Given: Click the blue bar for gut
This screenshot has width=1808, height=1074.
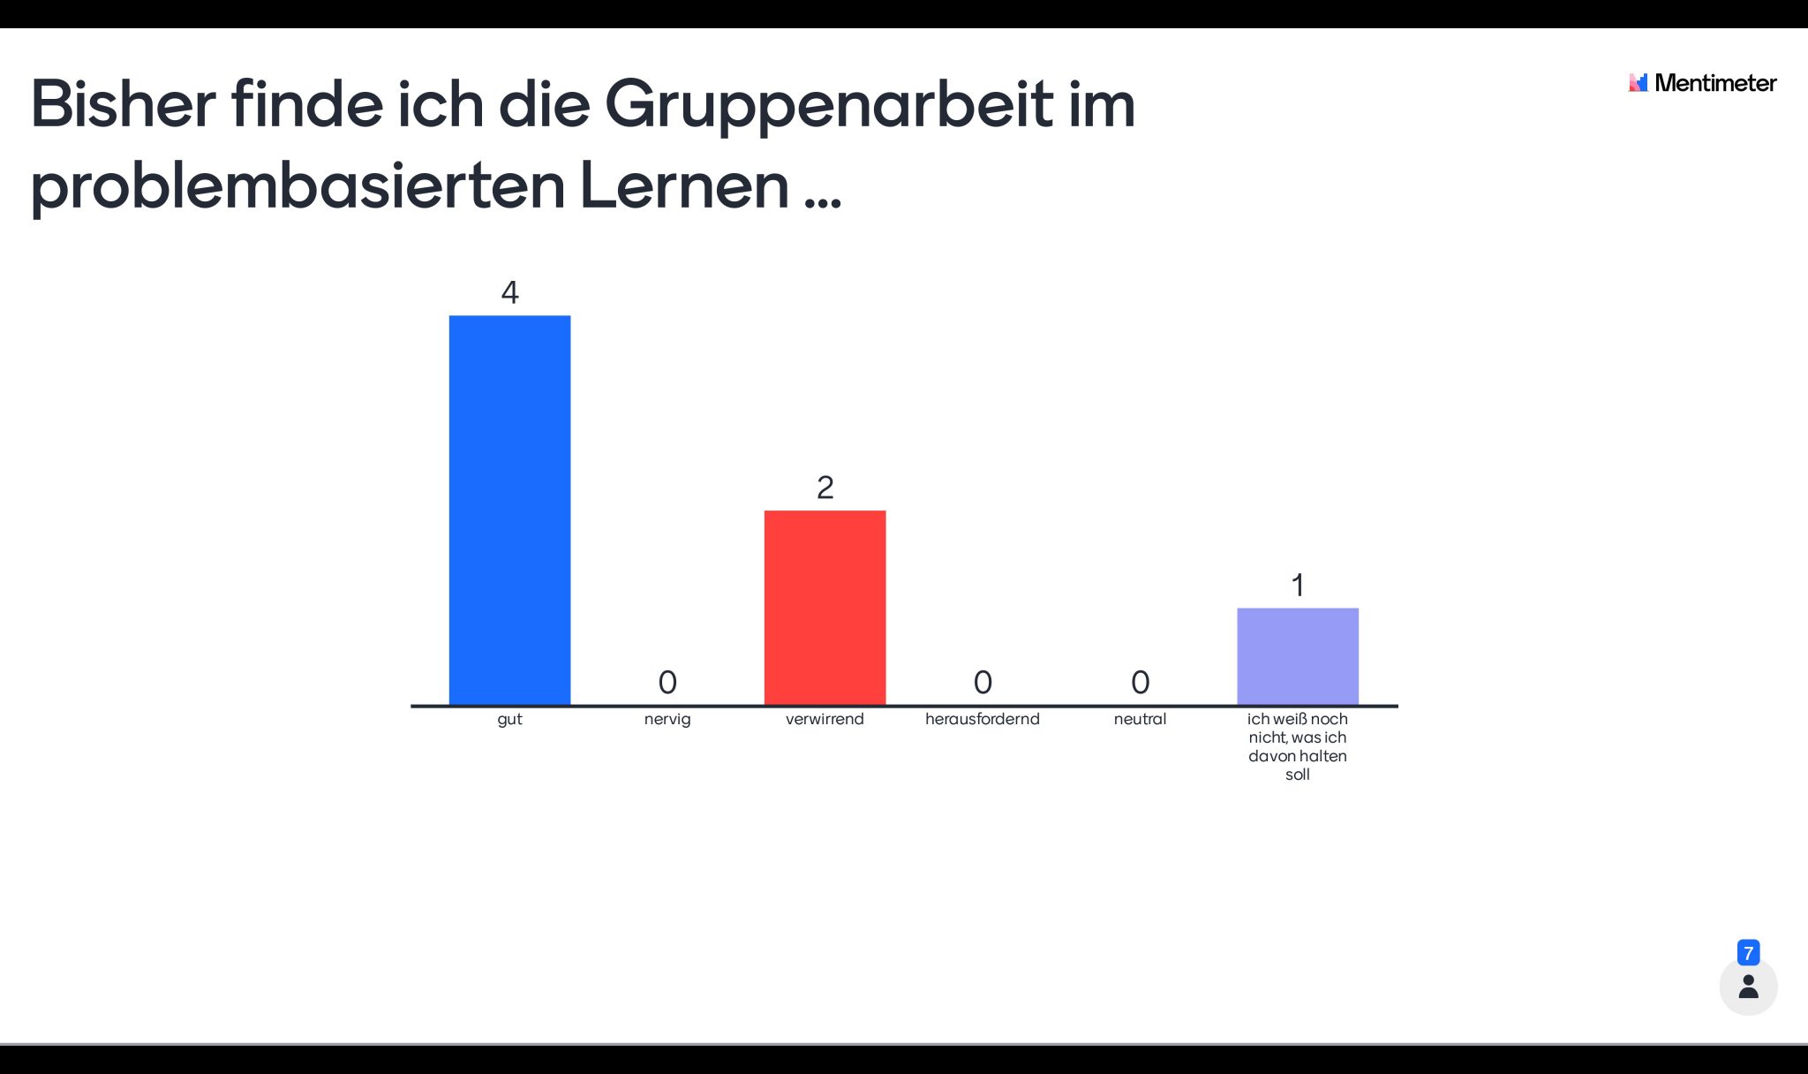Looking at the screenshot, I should (x=509, y=510).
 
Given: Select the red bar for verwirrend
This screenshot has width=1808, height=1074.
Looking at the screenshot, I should (x=825, y=608).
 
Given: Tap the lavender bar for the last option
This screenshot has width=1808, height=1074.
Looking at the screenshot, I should (x=1297, y=656).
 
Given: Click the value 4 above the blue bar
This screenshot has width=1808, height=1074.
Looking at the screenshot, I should (x=509, y=292).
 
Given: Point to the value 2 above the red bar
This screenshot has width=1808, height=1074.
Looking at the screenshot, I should (x=825, y=488).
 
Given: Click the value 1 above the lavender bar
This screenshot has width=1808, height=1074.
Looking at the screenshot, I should (x=1297, y=585).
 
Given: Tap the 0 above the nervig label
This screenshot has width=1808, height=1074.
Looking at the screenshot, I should (x=667, y=682).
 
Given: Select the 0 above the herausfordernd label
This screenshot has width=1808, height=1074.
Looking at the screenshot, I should (x=983, y=682).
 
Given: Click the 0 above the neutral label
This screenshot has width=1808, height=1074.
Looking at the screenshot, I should (x=1140, y=682).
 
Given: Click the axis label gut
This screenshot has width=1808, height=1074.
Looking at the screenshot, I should (x=509, y=719).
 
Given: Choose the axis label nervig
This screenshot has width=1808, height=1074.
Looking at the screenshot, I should (x=667, y=719).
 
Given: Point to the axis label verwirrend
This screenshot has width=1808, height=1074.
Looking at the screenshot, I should (x=825, y=719).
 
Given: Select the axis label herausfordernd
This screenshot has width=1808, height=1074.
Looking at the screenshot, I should (x=983, y=719).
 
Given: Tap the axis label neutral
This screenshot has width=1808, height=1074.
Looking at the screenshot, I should (x=1140, y=719).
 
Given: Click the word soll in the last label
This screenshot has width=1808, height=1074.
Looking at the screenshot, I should (x=1297, y=775).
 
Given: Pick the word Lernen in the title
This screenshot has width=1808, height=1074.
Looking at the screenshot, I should (x=684, y=185).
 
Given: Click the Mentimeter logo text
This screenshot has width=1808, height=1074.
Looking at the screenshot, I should (x=1714, y=83).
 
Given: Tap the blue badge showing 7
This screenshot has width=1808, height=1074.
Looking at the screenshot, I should (x=1748, y=953).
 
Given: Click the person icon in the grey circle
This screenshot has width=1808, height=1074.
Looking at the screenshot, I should (x=1748, y=987).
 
